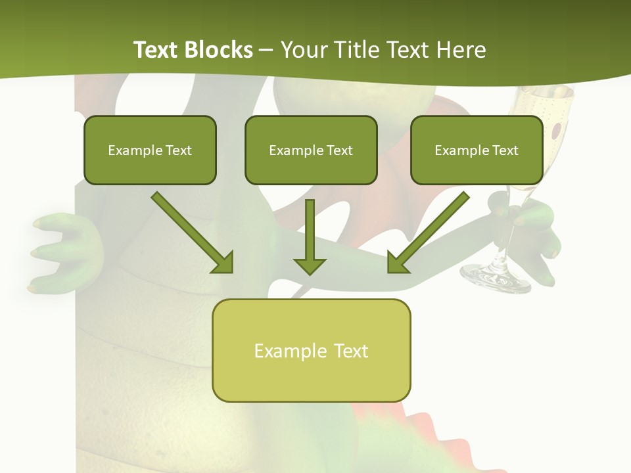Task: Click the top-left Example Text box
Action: pos(150,150)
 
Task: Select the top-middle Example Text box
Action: pos(311,150)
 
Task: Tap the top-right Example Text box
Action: pos(477,150)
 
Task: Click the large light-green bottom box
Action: pos(311,350)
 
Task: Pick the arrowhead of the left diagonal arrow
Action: pos(223,263)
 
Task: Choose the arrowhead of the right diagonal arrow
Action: pos(398,263)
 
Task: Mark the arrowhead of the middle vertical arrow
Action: pos(310,265)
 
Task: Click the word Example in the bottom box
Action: pos(281,351)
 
